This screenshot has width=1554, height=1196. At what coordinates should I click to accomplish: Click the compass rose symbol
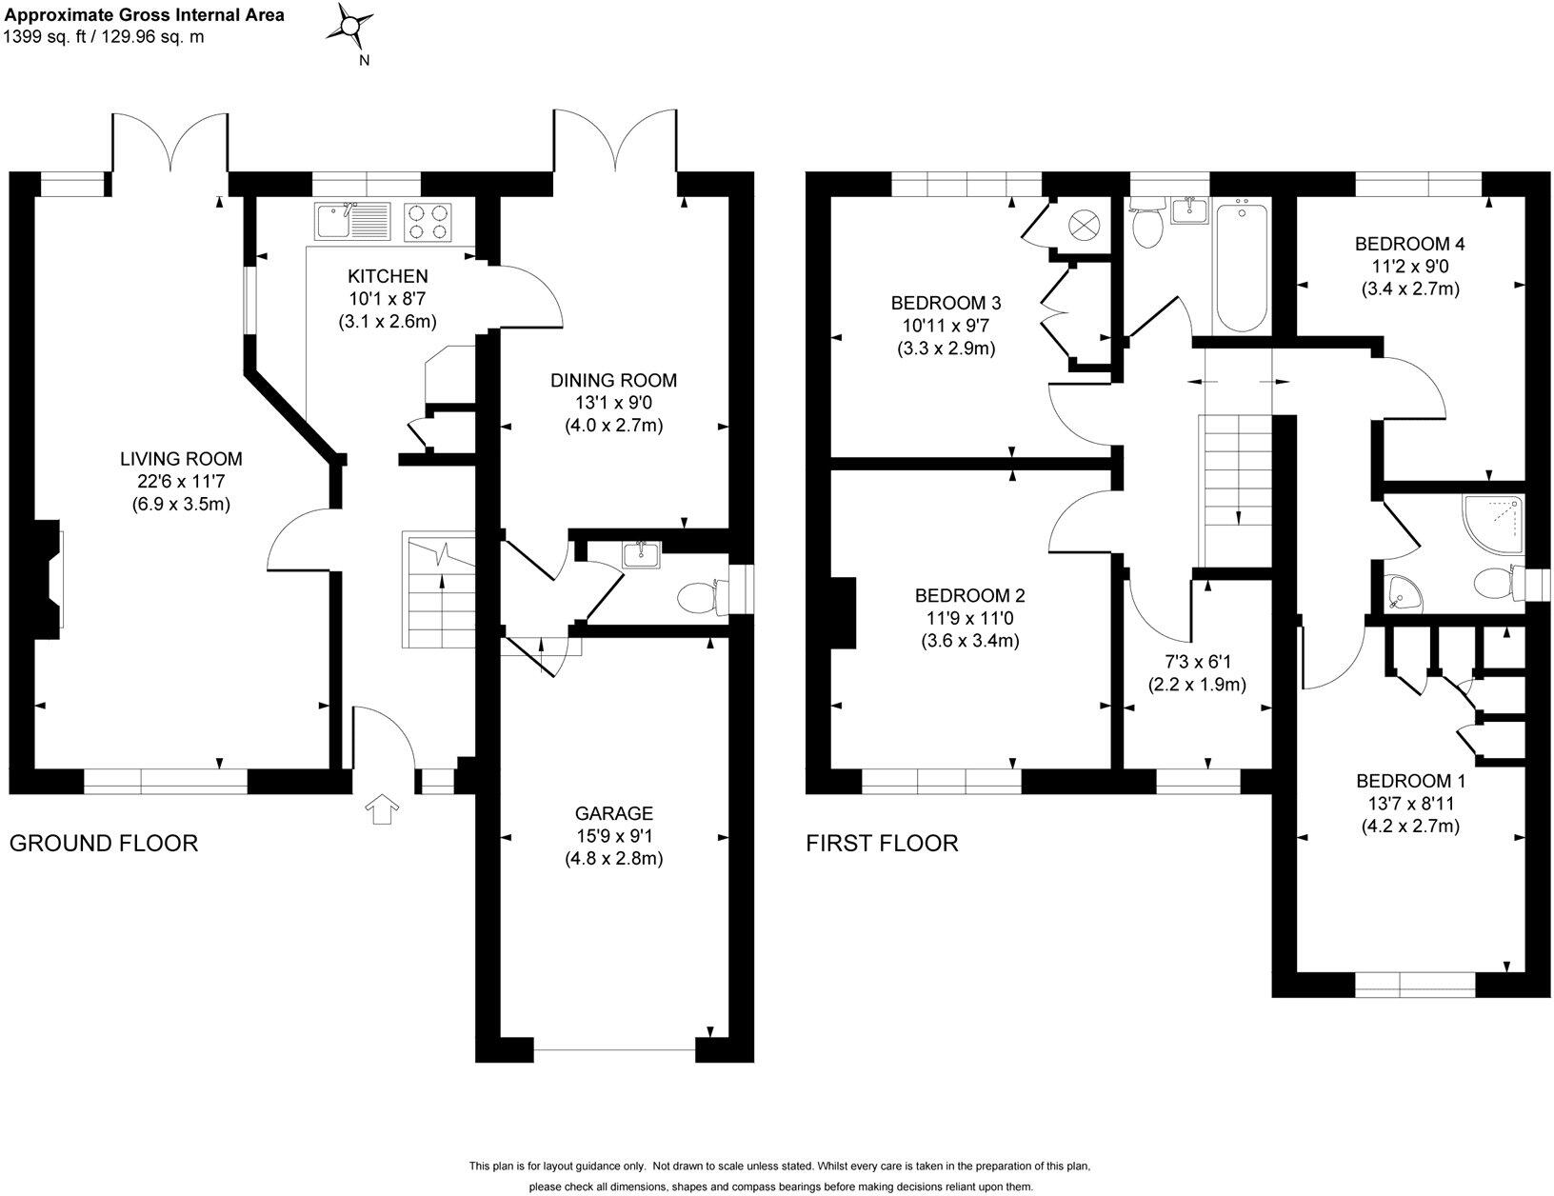click(349, 28)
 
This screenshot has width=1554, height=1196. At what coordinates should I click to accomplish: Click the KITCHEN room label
click(388, 276)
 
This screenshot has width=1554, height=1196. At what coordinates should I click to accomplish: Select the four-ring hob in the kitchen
click(428, 222)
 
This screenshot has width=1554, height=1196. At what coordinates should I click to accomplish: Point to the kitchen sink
click(352, 221)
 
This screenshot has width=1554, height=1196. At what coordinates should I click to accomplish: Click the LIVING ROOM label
click(181, 459)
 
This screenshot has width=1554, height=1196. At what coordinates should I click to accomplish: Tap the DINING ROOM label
click(613, 380)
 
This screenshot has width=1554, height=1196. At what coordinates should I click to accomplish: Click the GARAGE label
click(613, 813)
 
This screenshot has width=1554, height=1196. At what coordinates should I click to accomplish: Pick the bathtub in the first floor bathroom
click(1242, 265)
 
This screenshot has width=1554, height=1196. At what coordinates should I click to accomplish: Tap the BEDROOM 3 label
click(946, 303)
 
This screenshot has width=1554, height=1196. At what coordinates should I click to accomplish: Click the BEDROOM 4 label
click(1409, 244)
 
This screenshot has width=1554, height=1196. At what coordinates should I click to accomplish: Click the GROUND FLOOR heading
click(104, 844)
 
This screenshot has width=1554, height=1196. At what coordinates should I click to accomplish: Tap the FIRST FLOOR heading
click(882, 844)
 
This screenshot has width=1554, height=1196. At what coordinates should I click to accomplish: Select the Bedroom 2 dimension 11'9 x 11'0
click(969, 618)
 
